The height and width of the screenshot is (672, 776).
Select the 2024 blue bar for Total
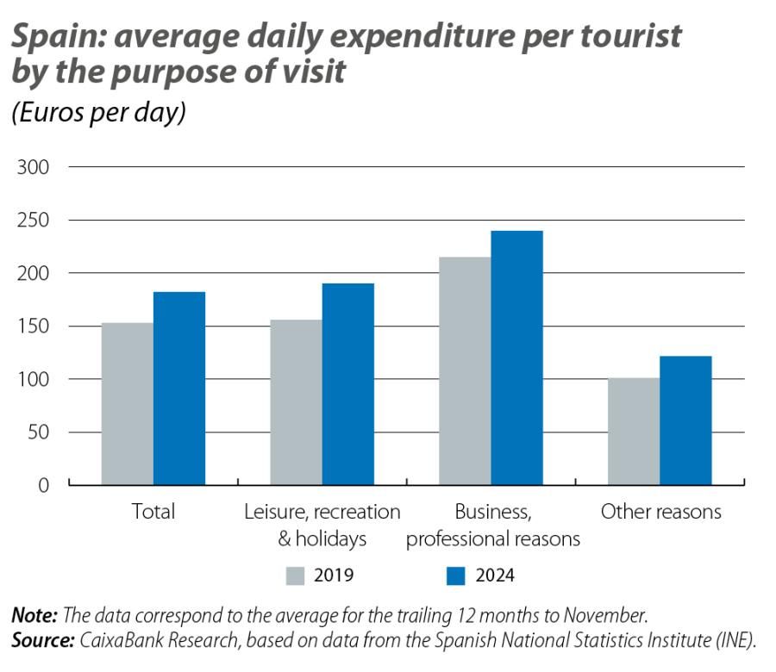click(179, 388)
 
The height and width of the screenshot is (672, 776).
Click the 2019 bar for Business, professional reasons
click(465, 370)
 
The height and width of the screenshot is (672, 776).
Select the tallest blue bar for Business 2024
click(517, 358)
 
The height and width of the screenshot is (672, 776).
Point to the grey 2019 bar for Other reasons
click(634, 431)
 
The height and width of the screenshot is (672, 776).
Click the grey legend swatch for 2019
click(296, 576)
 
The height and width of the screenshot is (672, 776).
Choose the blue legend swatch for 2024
click(456, 576)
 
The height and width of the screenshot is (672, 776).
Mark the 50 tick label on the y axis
click(39, 432)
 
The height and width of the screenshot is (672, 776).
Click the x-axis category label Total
click(153, 512)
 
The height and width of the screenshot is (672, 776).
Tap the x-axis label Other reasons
click(660, 512)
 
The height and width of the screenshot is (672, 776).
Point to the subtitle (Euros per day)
click(98, 114)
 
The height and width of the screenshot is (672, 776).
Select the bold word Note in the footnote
click(34, 615)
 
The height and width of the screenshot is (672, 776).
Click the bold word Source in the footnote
click(42, 640)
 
